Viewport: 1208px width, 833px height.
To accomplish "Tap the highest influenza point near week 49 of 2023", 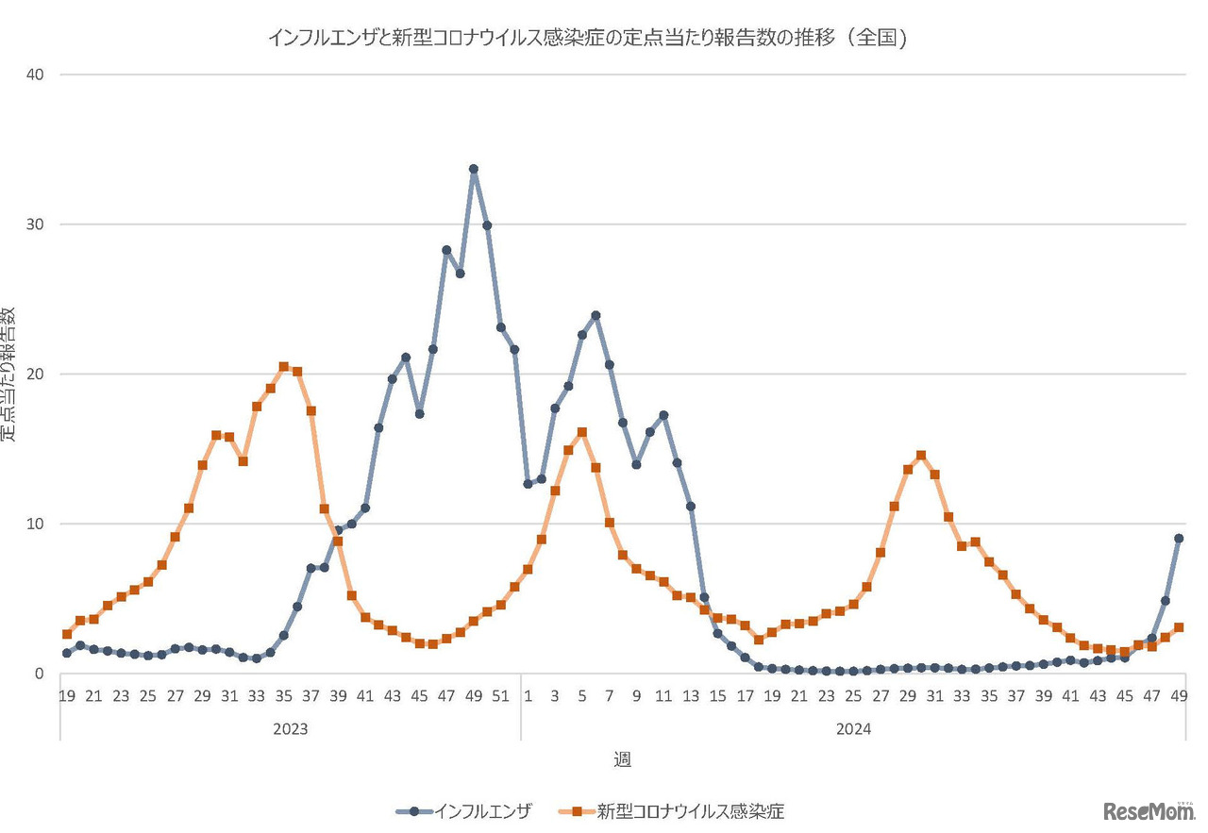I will click(474, 170).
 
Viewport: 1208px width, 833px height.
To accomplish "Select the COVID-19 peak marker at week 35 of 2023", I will click(283, 367).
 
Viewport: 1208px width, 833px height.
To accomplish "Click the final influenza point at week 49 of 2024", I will click(1179, 539).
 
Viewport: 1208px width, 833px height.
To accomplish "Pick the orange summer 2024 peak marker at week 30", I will click(921, 456).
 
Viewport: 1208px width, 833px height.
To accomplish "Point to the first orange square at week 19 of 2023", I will click(66, 634).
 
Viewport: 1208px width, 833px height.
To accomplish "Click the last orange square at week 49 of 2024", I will click(1179, 627).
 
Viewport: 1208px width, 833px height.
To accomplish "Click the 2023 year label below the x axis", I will click(291, 729).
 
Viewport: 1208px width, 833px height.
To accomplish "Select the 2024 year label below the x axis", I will click(852, 729).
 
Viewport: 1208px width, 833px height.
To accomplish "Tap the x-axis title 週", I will click(622, 759).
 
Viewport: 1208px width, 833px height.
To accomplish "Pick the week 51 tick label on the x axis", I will click(501, 696).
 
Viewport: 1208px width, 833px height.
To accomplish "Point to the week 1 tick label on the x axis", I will click(528, 696).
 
